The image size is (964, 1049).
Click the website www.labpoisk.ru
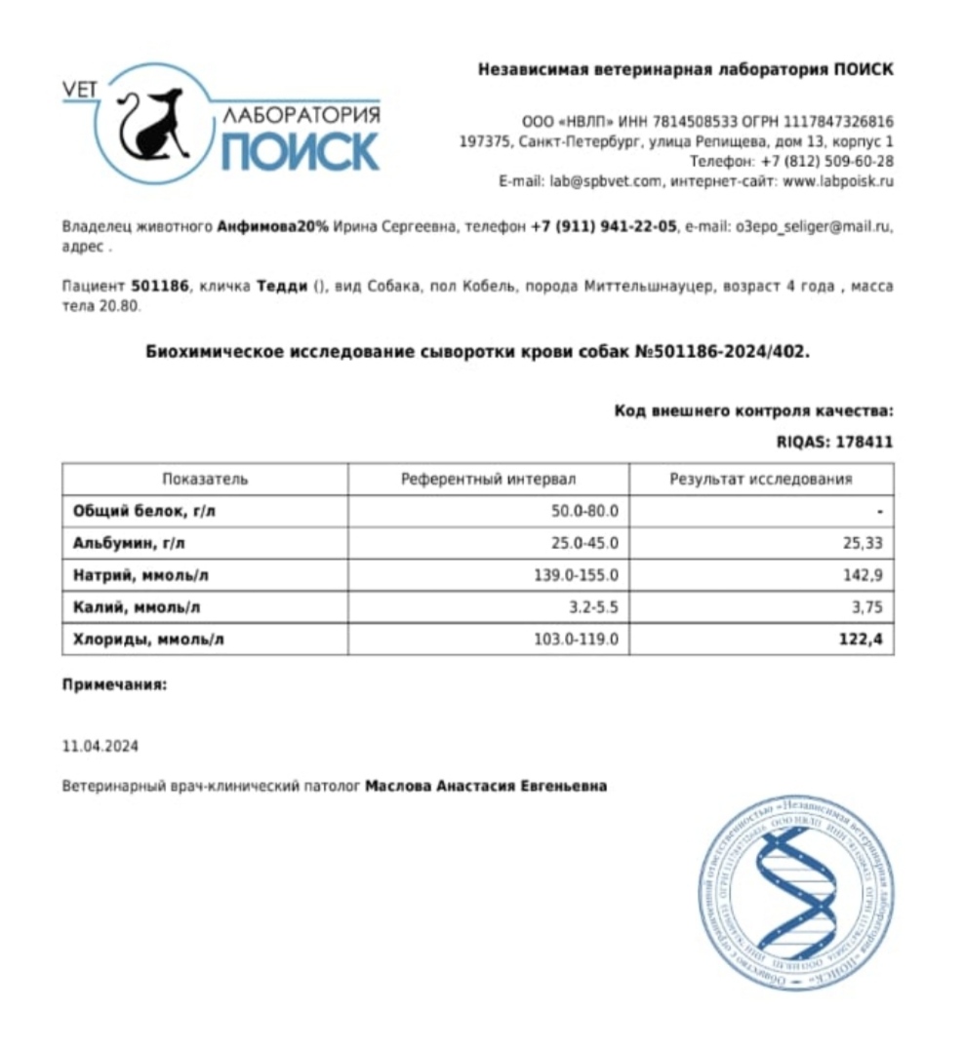(838, 181)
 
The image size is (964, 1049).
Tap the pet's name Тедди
(283, 287)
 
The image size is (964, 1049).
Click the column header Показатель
(205, 479)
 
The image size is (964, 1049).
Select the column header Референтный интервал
(489, 479)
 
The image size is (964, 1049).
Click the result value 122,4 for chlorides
(864, 640)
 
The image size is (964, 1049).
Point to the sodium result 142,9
(865, 575)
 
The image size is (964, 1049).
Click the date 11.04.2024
(100, 747)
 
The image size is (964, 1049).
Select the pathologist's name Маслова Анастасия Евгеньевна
(485, 785)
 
